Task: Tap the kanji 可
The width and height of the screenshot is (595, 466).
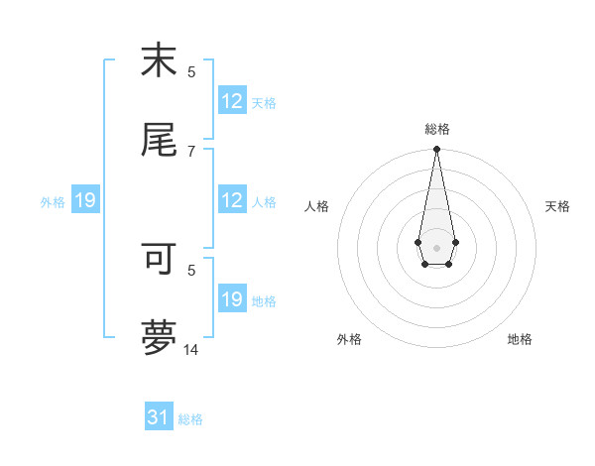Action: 159,257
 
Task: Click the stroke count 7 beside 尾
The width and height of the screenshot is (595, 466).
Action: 191,151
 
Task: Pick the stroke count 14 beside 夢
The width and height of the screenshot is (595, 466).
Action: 191,349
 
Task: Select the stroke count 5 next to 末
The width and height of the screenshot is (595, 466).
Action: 191,71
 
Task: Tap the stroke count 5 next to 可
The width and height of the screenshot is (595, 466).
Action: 191,269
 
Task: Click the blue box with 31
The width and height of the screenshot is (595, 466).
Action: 159,417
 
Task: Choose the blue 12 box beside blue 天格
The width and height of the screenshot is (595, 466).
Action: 232,101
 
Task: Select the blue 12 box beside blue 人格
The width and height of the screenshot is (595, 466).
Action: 232,200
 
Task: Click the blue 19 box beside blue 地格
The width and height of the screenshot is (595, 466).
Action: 232,299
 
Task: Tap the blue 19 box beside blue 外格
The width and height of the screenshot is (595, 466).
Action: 84,200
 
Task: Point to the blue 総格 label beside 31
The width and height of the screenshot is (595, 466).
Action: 190,419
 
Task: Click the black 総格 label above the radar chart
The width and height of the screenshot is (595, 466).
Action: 436,129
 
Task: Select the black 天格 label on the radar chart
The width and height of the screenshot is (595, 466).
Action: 557,206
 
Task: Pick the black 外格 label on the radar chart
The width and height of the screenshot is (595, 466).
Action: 349,339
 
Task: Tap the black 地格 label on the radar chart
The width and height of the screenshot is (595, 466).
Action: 520,339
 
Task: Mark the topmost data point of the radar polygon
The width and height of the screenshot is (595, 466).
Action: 436,150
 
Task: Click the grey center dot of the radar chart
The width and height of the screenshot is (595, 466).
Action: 436,246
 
